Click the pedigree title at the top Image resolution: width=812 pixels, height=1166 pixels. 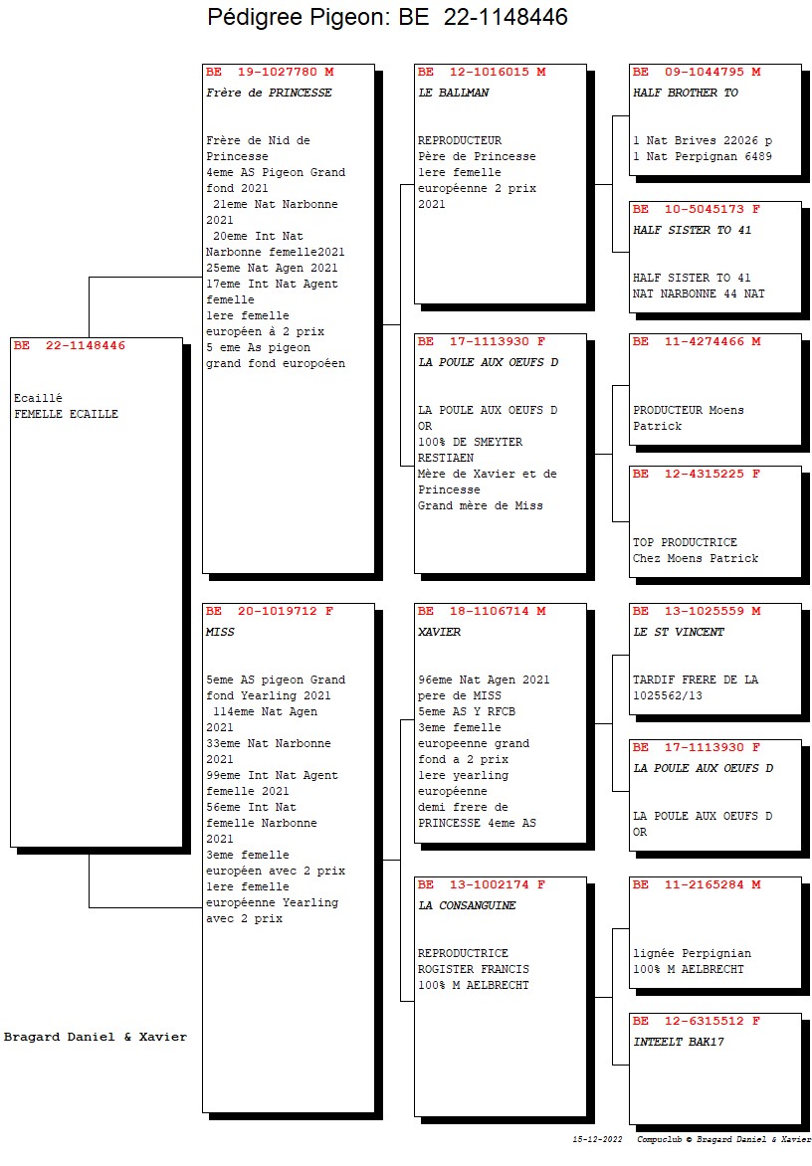coord(387,17)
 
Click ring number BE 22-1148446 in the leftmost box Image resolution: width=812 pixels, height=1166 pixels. coord(69,346)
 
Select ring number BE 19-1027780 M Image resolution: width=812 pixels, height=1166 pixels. coord(270,73)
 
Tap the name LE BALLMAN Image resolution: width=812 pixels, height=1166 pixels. coord(454,93)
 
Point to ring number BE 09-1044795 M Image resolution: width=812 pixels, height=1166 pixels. coord(697,73)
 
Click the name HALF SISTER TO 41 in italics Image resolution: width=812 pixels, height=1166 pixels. coord(693,231)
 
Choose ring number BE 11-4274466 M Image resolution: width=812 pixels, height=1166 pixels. coord(697,342)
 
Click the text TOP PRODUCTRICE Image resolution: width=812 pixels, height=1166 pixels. coord(685,543)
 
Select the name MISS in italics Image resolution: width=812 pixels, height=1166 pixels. coord(220,632)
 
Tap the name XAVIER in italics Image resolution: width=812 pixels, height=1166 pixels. coord(440,632)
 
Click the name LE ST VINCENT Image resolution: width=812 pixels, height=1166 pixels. coord(678,632)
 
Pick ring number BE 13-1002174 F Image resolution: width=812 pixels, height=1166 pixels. coord(482,884)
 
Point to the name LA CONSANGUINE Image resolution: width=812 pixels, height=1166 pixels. coord(467,905)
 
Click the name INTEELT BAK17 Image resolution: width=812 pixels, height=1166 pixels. coord(678,1043)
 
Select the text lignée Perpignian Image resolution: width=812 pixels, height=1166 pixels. coord(693,954)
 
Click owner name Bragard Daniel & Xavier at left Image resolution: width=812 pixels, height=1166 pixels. coord(96,1038)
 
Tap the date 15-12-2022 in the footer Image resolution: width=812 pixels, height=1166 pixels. coord(597,1139)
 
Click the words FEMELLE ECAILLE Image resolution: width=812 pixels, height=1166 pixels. coord(67,414)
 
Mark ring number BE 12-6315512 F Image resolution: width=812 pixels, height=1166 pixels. coord(697,1022)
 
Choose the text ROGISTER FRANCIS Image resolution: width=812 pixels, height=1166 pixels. coord(474,970)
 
